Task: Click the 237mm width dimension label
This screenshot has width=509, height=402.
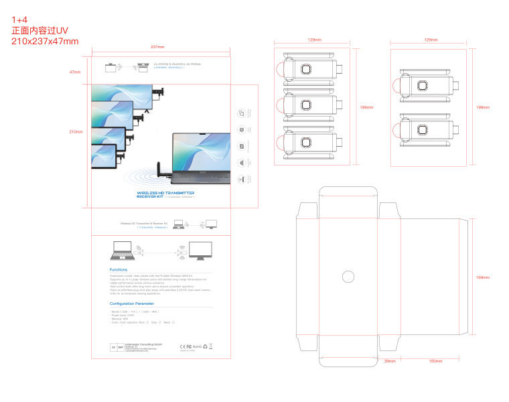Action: (x=157, y=47)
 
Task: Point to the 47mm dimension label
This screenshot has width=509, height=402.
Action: (x=75, y=72)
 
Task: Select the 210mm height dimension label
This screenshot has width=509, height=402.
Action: (x=76, y=132)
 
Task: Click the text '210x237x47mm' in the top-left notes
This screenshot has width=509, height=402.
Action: (x=45, y=42)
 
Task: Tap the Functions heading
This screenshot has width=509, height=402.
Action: (x=119, y=270)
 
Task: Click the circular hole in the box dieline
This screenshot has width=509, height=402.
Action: (x=348, y=275)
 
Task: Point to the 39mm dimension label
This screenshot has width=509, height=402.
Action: (x=390, y=361)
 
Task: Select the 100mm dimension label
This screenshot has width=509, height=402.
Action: (x=435, y=361)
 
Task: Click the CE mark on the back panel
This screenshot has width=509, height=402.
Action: (x=184, y=346)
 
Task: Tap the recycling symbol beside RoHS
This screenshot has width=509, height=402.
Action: (x=205, y=346)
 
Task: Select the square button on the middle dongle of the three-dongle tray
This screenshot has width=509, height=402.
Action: (x=306, y=105)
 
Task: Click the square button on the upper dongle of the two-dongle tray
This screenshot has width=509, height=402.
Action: (x=423, y=85)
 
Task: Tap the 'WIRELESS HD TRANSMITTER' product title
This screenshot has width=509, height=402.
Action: (x=165, y=192)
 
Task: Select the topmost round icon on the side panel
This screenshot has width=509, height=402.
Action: (x=242, y=113)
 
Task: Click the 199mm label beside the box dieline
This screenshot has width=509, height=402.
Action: (x=483, y=277)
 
